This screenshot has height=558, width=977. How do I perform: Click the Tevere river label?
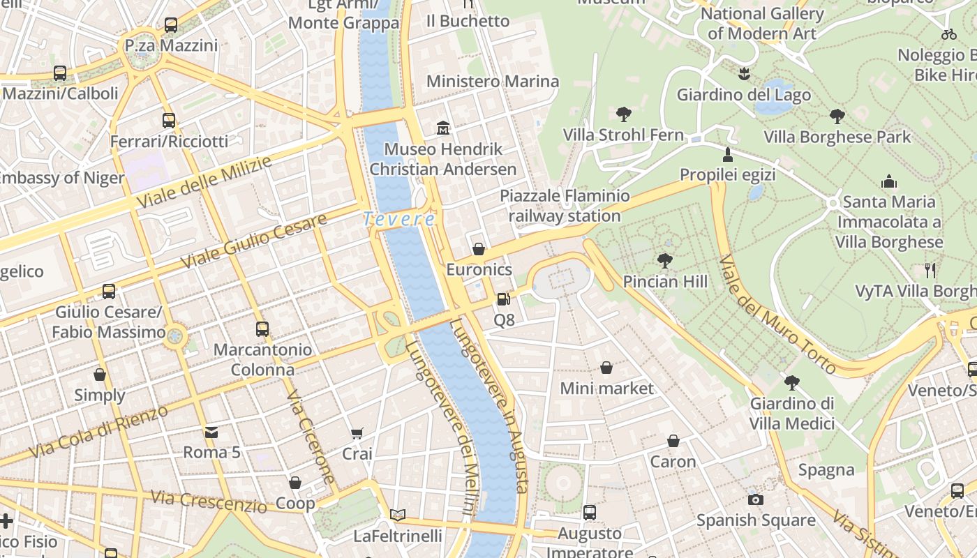[x=399, y=219]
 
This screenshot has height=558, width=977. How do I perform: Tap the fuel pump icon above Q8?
[x=503, y=299]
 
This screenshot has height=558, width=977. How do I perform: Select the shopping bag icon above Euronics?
[x=479, y=249]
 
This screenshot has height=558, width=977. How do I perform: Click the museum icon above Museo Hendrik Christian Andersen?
[x=443, y=128]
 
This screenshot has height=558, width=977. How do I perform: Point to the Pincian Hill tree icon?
[x=665, y=261]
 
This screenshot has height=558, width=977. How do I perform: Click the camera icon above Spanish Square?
[x=755, y=499]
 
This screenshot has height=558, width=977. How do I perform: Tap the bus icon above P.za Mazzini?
[x=171, y=25]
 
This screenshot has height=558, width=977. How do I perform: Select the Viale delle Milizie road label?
[x=204, y=183]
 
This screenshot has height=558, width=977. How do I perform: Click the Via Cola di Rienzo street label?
[x=100, y=430]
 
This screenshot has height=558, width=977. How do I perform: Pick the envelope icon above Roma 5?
[x=211, y=432]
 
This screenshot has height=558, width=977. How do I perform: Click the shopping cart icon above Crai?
[x=357, y=434]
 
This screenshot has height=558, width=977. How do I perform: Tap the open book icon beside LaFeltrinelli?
[x=398, y=515]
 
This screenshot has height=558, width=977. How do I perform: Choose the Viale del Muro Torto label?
[x=776, y=315]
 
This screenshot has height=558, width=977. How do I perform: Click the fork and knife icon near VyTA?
[x=930, y=270]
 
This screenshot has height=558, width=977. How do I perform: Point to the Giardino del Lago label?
[x=744, y=95]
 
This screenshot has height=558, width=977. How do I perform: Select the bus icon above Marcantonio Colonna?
[x=262, y=329]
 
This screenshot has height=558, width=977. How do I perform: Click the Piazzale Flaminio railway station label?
[x=565, y=206]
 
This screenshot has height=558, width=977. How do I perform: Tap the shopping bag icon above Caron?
[x=673, y=441]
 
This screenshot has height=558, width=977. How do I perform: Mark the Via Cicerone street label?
[x=311, y=437]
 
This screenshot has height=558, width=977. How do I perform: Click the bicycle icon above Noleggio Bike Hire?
[x=949, y=33]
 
